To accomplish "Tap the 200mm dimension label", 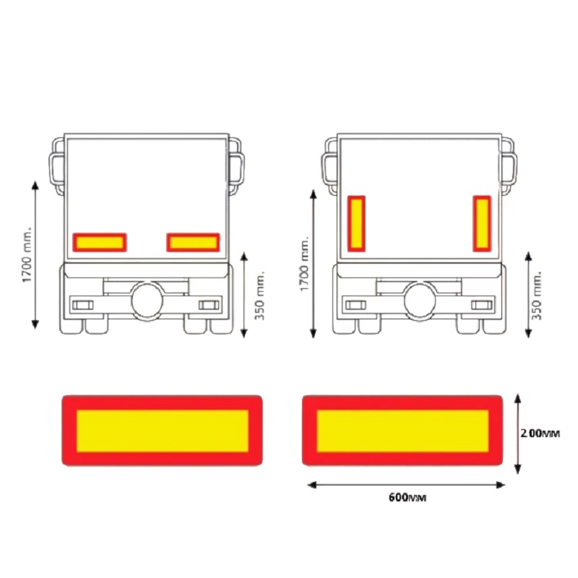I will [x=540, y=433].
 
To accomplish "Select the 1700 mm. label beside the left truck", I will [x=27, y=254].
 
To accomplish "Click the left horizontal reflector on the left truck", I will [x=100, y=242].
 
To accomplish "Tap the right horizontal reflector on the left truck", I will [x=193, y=242].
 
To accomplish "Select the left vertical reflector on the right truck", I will [x=356, y=223].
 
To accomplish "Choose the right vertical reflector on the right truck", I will [x=483, y=223].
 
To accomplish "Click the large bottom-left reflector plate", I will [x=162, y=430].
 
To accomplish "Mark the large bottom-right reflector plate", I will [x=402, y=430].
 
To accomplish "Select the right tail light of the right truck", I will [x=481, y=304].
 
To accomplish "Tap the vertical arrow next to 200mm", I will [x=518, y=433].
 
